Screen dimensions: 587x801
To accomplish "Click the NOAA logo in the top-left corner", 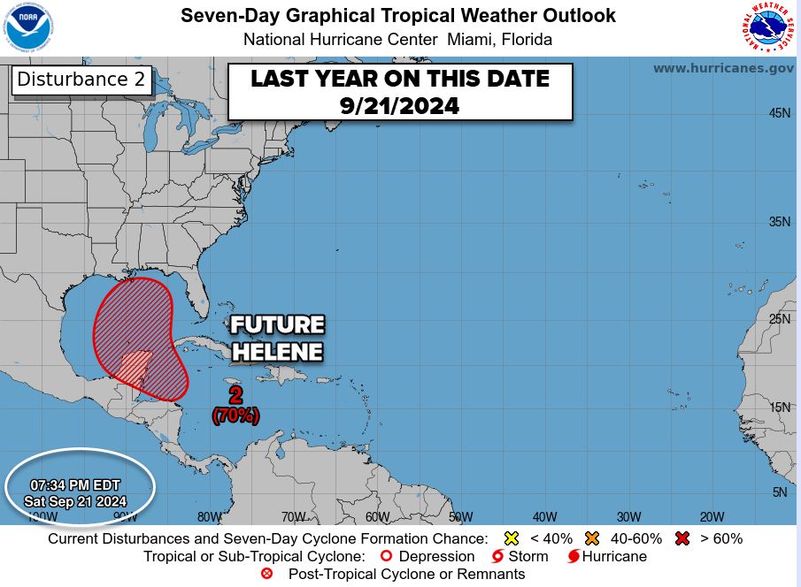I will [x=30, y=29].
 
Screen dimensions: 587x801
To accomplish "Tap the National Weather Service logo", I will [x=766, y=28].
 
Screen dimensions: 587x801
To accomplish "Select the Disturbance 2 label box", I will [x=81, y=80].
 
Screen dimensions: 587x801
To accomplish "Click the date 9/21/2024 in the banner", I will [x=399, y=105].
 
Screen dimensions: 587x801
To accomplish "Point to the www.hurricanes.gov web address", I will [x=723, y=68].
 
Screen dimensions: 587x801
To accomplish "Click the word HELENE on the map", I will [x=277, y=352].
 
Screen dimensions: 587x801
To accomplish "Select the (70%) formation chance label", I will [x=235, y=415].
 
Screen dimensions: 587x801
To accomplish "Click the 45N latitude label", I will [x=778, y=113].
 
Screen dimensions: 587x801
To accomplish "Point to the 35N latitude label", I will [x=778, y=221].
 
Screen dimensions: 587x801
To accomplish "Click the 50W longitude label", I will [x=460, y=517].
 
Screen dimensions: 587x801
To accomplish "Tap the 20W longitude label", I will [x=712, y=517].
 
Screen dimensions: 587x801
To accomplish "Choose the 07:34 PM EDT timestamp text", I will [x=75, y=485].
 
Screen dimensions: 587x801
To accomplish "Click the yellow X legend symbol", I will [x=510, y=538].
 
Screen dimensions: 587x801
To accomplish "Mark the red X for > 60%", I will [x=682, y=538].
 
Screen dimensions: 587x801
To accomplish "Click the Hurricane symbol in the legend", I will [x=574, y=556].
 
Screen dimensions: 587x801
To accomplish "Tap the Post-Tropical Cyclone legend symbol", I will [x=267, y=574].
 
